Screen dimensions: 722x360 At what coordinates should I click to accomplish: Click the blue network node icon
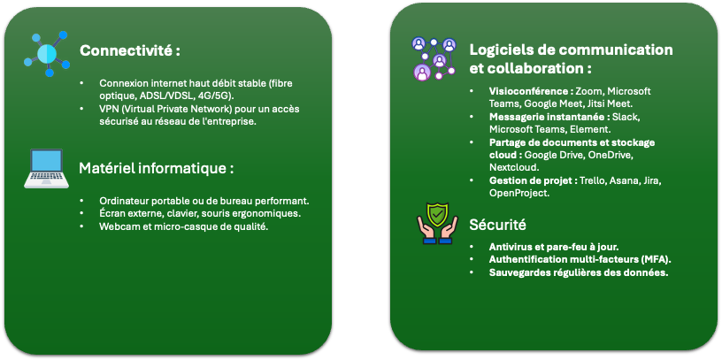pyautogui.click(x=47, y=54)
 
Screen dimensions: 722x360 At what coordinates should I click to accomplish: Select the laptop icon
pyautogui.click(x=46, y=168)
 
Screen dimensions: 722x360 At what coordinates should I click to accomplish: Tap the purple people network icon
pyautogui.click(x=434, y=59)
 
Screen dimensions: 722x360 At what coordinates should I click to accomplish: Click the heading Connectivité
pyautogui.click(x=129, y=50)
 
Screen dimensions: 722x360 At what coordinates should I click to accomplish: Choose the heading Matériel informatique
pyautogui.click(x=156, y=168)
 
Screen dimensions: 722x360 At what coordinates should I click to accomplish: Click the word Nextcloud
pyautogui.click(x=513, y=166)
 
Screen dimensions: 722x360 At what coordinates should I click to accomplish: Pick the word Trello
pyautogui.click(x=593, y=181)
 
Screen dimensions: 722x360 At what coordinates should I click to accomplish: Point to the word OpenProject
pyautogui.click(x=518, y=193)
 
